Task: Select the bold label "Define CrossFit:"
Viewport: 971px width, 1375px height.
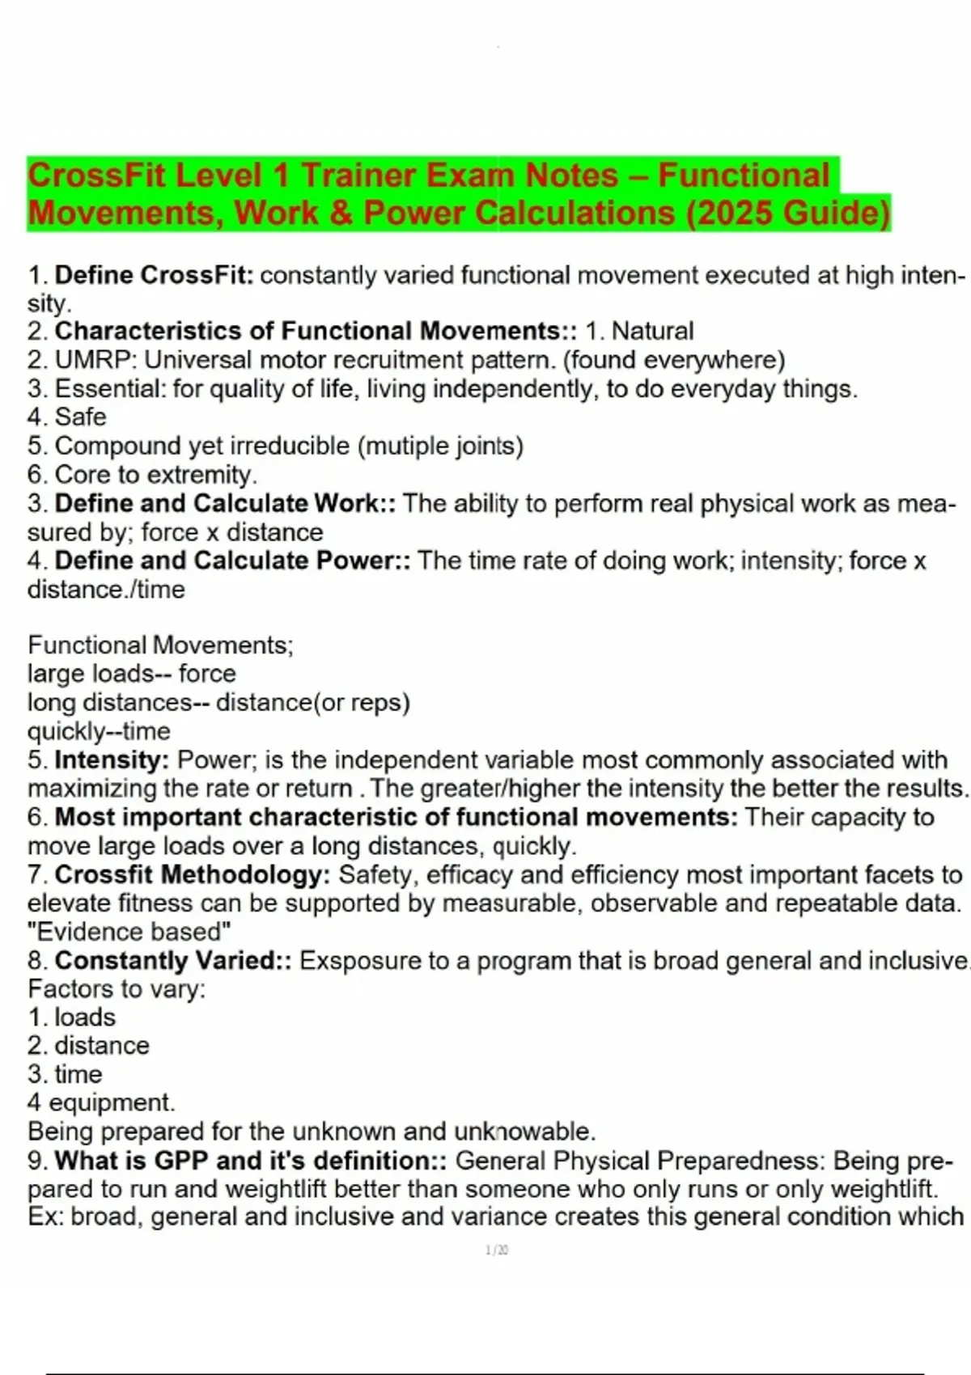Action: (154, 276)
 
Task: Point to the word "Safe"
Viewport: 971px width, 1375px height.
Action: (80, 417)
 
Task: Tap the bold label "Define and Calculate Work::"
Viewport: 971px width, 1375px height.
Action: (225, 504)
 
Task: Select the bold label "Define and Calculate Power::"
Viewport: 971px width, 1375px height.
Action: (232, 561)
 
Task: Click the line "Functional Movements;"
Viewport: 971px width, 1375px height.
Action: (160, 645)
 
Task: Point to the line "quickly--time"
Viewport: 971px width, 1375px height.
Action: (99, 731)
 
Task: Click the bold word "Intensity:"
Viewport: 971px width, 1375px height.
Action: (112, 760)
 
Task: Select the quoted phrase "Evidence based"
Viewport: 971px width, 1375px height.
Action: (129, 932)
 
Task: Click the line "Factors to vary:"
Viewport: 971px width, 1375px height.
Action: (117, 989)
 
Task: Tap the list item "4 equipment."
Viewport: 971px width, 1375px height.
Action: (101, 1102)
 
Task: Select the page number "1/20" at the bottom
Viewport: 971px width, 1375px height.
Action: (497, 1250)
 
